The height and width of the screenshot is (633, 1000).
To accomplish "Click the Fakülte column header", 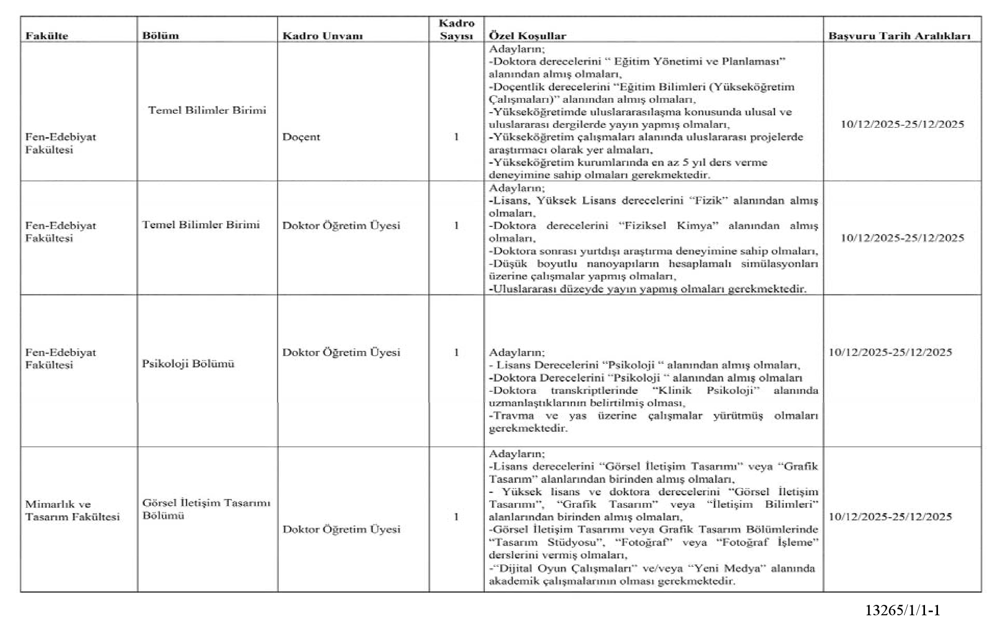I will (x=46, y=36).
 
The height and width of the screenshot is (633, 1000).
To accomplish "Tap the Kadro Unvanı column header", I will (x=322, y=36).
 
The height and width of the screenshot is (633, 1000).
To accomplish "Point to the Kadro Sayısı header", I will (x=456, y=29).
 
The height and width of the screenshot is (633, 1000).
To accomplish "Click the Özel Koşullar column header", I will (x=527, y=36).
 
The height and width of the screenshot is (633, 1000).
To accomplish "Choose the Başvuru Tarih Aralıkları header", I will (x=899, y=36).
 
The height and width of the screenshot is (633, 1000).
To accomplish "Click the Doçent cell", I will (x=301, y=137).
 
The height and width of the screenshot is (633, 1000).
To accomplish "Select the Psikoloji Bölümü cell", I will (x=188, y=363).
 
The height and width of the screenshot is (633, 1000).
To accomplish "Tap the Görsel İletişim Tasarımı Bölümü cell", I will (x=206, y=509).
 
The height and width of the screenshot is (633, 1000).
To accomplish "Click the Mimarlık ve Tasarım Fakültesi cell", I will (x=72, y=510).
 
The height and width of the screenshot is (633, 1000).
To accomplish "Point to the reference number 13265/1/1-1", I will (x=903, y=611).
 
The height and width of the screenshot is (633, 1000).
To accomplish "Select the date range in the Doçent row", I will (x=902, y=124).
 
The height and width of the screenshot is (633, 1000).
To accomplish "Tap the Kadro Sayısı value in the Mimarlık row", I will (x=456, y=517).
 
